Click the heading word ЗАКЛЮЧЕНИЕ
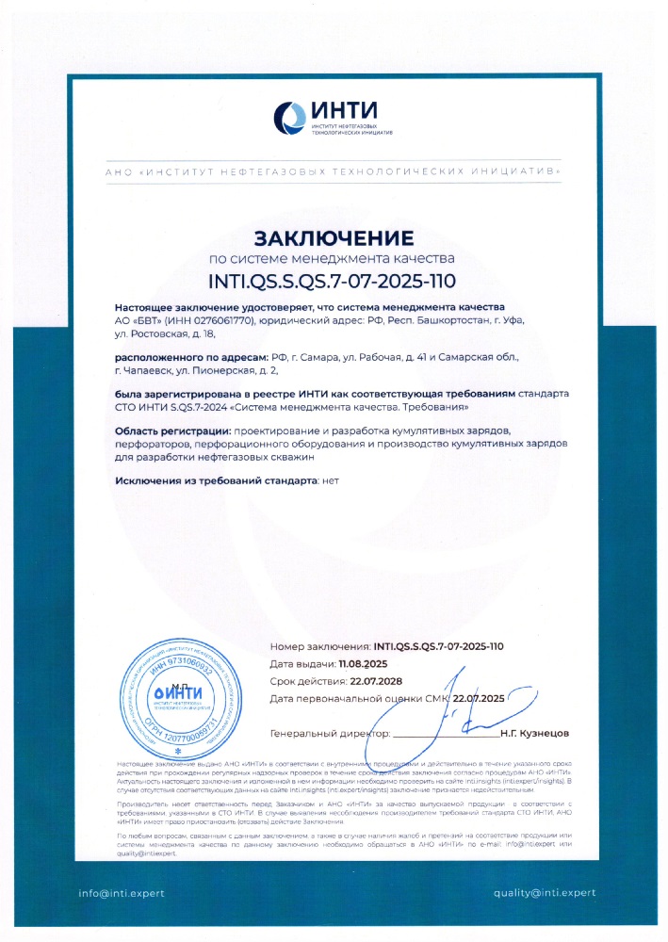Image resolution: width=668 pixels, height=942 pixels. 334,235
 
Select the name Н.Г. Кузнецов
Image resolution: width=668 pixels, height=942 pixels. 535,732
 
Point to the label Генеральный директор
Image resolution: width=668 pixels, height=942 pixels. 329,732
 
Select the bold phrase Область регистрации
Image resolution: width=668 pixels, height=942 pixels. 175,430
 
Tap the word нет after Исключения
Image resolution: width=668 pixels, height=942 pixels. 330,480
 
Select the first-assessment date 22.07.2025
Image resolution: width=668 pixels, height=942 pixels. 480,698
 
